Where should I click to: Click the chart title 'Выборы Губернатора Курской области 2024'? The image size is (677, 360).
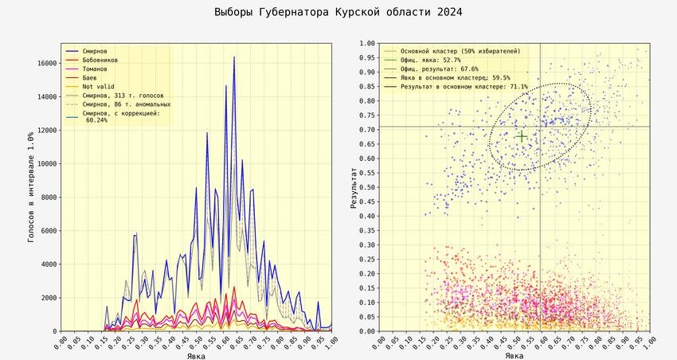[x=338, y=13]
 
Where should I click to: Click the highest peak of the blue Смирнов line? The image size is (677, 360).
[x=234, y=57]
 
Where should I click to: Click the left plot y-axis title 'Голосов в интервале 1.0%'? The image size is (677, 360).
[x=32, y=187]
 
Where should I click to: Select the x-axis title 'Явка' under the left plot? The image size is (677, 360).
[x=196, y=355]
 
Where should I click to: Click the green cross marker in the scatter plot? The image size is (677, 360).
[x=521, y=136]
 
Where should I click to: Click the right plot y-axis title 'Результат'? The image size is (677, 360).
[x=353, y=187]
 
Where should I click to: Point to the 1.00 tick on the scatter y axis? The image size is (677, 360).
[x=366, y=44]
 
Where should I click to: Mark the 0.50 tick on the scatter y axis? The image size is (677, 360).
[x=366, y=187]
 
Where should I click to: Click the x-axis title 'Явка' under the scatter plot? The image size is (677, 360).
[x=515, y=355]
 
